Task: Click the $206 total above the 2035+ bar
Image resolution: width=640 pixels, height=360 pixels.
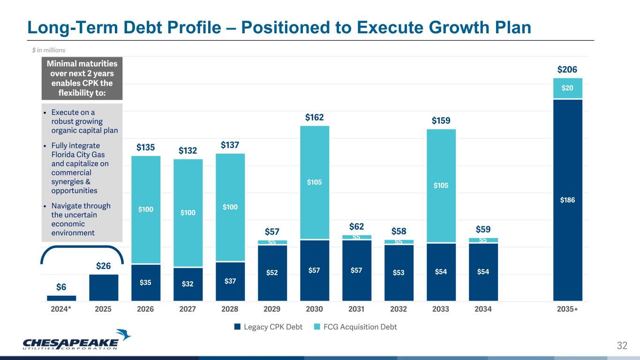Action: pos(567,70)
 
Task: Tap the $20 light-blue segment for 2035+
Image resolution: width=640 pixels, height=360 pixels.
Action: pos(567,88)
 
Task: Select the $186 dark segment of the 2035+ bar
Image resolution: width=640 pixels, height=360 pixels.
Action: pos(567,200)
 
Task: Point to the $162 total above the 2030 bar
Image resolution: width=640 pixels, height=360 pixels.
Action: pos(314,117)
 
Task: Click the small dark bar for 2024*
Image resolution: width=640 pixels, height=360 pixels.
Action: pos(61,298)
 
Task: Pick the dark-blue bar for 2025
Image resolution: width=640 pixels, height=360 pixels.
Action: pos(104,287)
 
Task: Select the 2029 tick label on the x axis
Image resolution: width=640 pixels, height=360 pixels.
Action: pos(272,309)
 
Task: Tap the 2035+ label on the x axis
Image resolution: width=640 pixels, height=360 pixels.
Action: pos(567,309)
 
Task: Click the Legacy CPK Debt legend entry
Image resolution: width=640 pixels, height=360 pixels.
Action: pos(269,327)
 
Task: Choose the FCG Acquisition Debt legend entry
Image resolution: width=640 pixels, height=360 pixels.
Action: pos(355,327)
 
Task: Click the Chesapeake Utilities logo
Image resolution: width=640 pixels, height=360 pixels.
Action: pos(77,339)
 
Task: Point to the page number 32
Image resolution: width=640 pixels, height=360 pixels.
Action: pos(622,346)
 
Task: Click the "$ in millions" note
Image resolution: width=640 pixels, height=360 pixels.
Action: pos(45,50)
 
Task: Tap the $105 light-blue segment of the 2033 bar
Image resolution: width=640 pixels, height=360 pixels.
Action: pos(441,186)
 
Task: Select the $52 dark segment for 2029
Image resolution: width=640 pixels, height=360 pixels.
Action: pos(272,273)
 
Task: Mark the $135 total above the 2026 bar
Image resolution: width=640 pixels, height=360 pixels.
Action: pos(146,148)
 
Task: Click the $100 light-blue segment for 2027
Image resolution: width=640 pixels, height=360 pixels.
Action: pos(188,213)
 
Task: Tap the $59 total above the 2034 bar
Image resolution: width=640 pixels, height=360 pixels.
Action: pos(483,230)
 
